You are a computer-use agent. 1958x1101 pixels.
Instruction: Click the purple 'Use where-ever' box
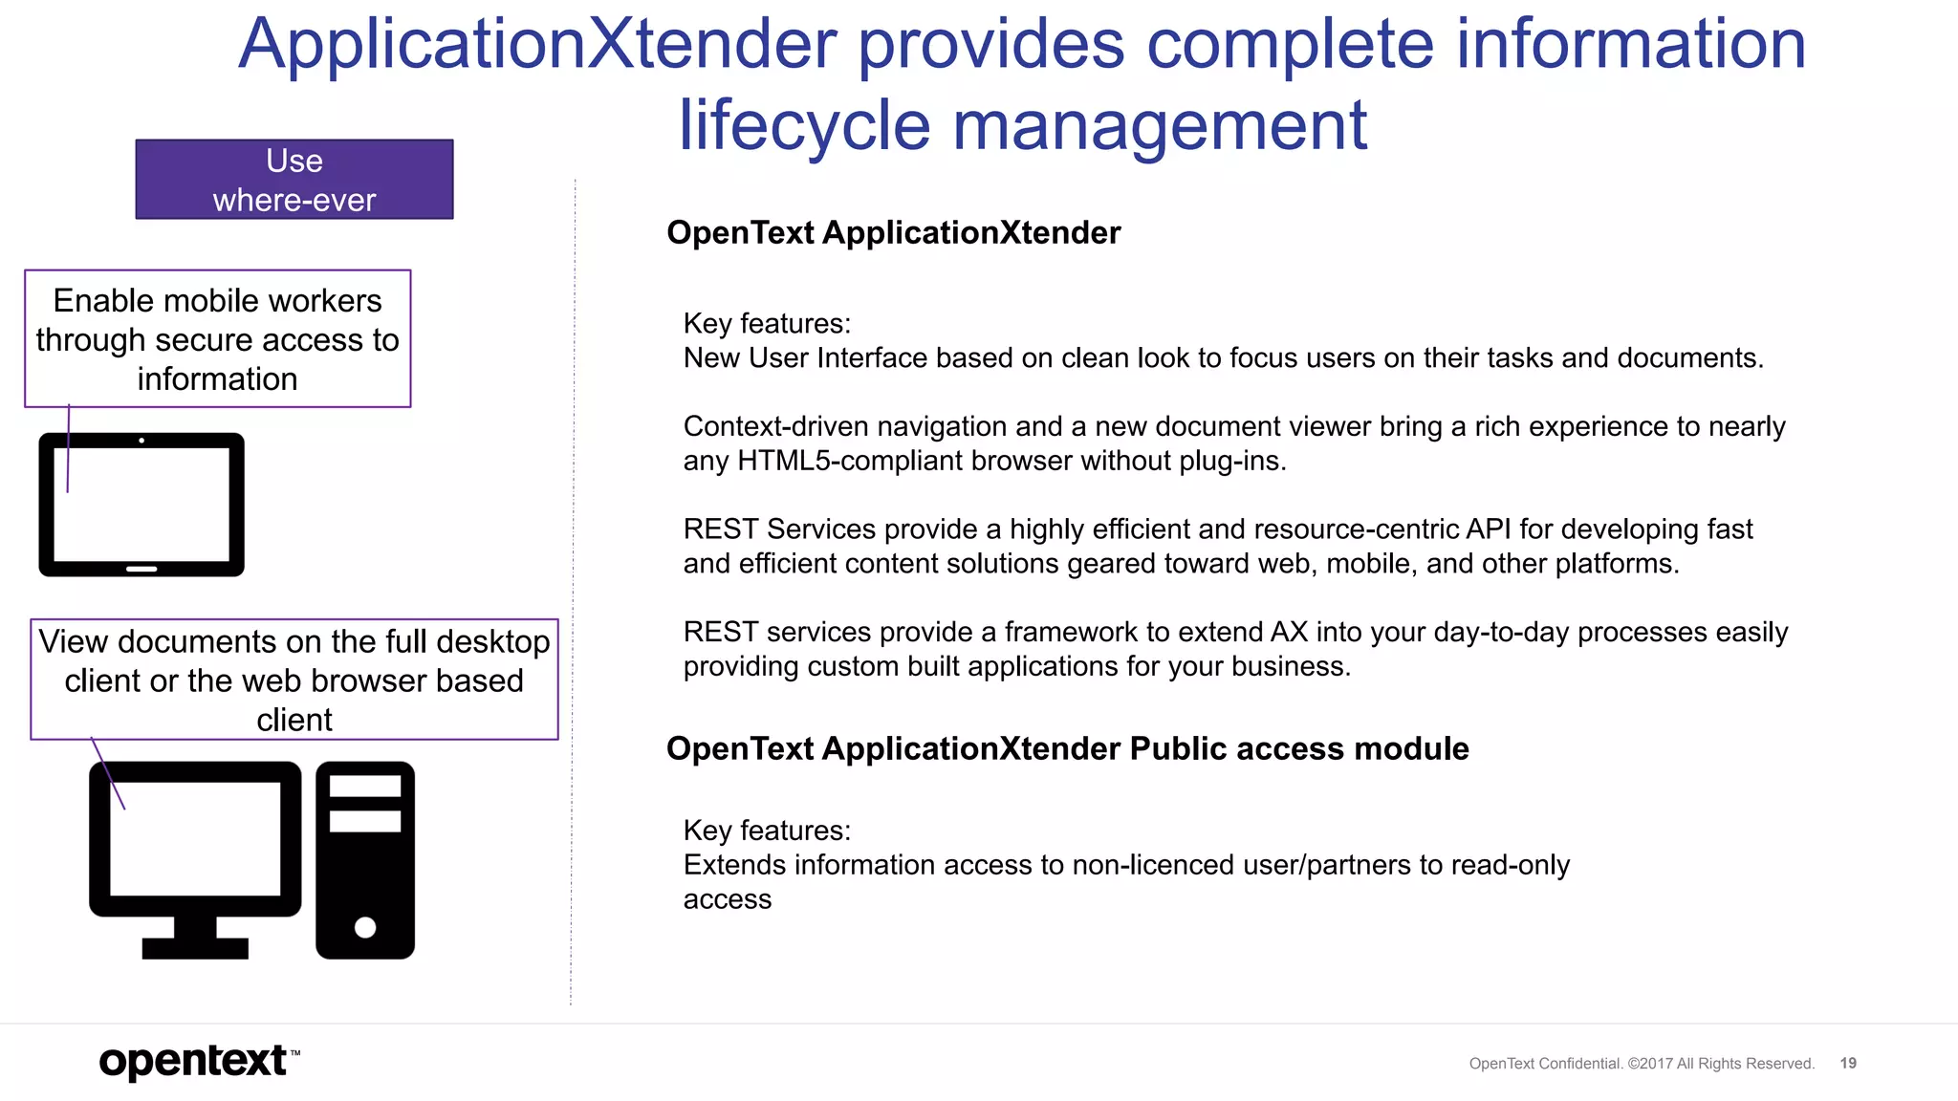294,180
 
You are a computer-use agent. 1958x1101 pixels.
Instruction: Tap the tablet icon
141,505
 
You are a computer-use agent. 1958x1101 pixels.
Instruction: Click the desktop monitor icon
195,841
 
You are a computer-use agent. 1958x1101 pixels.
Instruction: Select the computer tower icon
365,860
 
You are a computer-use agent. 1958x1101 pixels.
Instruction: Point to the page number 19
1848,1063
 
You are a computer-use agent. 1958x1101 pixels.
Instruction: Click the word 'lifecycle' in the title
803,125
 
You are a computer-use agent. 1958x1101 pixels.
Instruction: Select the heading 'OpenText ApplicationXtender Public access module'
1067,748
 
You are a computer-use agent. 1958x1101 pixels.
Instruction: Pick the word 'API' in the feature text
1488,529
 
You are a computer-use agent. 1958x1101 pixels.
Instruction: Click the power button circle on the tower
365,927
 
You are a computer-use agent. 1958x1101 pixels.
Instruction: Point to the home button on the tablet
141,569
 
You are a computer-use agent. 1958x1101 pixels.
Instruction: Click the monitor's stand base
195,947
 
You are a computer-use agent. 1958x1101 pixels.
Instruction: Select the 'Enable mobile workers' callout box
218,339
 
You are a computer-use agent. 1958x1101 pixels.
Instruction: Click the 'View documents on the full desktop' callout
294,680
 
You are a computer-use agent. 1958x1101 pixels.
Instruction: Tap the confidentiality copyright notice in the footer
1642,1064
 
